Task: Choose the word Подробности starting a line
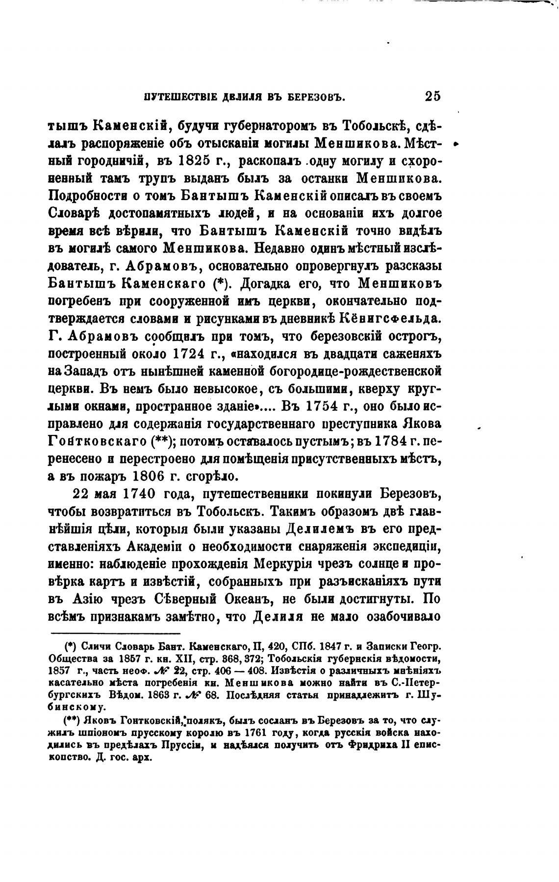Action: (x=89, y=196)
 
